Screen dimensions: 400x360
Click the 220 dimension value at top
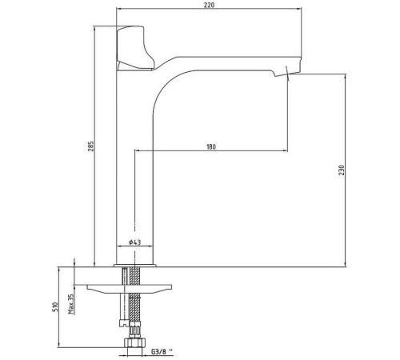point(210,5)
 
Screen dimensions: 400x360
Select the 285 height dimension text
point(91,146)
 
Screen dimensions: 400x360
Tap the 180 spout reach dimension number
point(211,146)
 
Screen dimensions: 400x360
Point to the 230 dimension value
point(342,170)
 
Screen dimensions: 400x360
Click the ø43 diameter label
point(134,242)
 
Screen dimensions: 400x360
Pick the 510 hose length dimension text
point(55,307)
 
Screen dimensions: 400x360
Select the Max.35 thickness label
point(71,304)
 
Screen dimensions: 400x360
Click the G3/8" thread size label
point(162,352)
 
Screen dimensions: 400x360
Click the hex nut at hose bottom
point(135,342)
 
